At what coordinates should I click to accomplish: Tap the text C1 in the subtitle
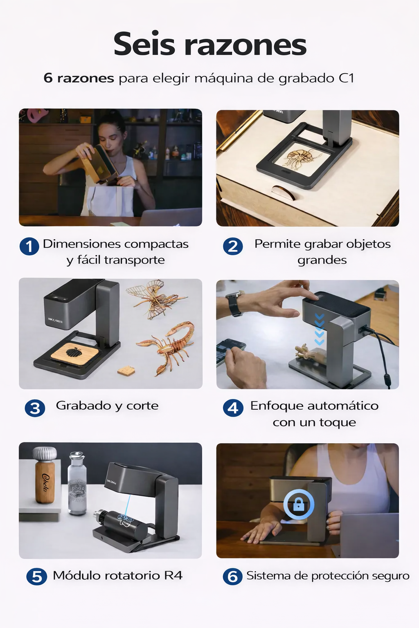[x=346, y=78]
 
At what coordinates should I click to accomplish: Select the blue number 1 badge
[x=29, y=247]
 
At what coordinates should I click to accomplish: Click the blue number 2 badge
[x=233, y=247]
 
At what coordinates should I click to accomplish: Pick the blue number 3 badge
[x=35, y=408]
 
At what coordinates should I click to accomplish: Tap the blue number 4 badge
[x=233, y=408]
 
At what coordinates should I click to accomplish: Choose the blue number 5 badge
[x=36, y=576]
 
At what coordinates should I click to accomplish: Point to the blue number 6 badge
[x=233, y=576]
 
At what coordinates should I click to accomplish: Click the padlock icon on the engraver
[x=299, y=505]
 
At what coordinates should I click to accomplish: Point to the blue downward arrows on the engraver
[x=320, y=330]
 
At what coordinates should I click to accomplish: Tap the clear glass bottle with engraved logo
[x=77, y=483]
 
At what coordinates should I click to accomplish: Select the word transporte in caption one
[x=135, y=260]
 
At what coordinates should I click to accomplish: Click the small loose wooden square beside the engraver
[x=126, y=370]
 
